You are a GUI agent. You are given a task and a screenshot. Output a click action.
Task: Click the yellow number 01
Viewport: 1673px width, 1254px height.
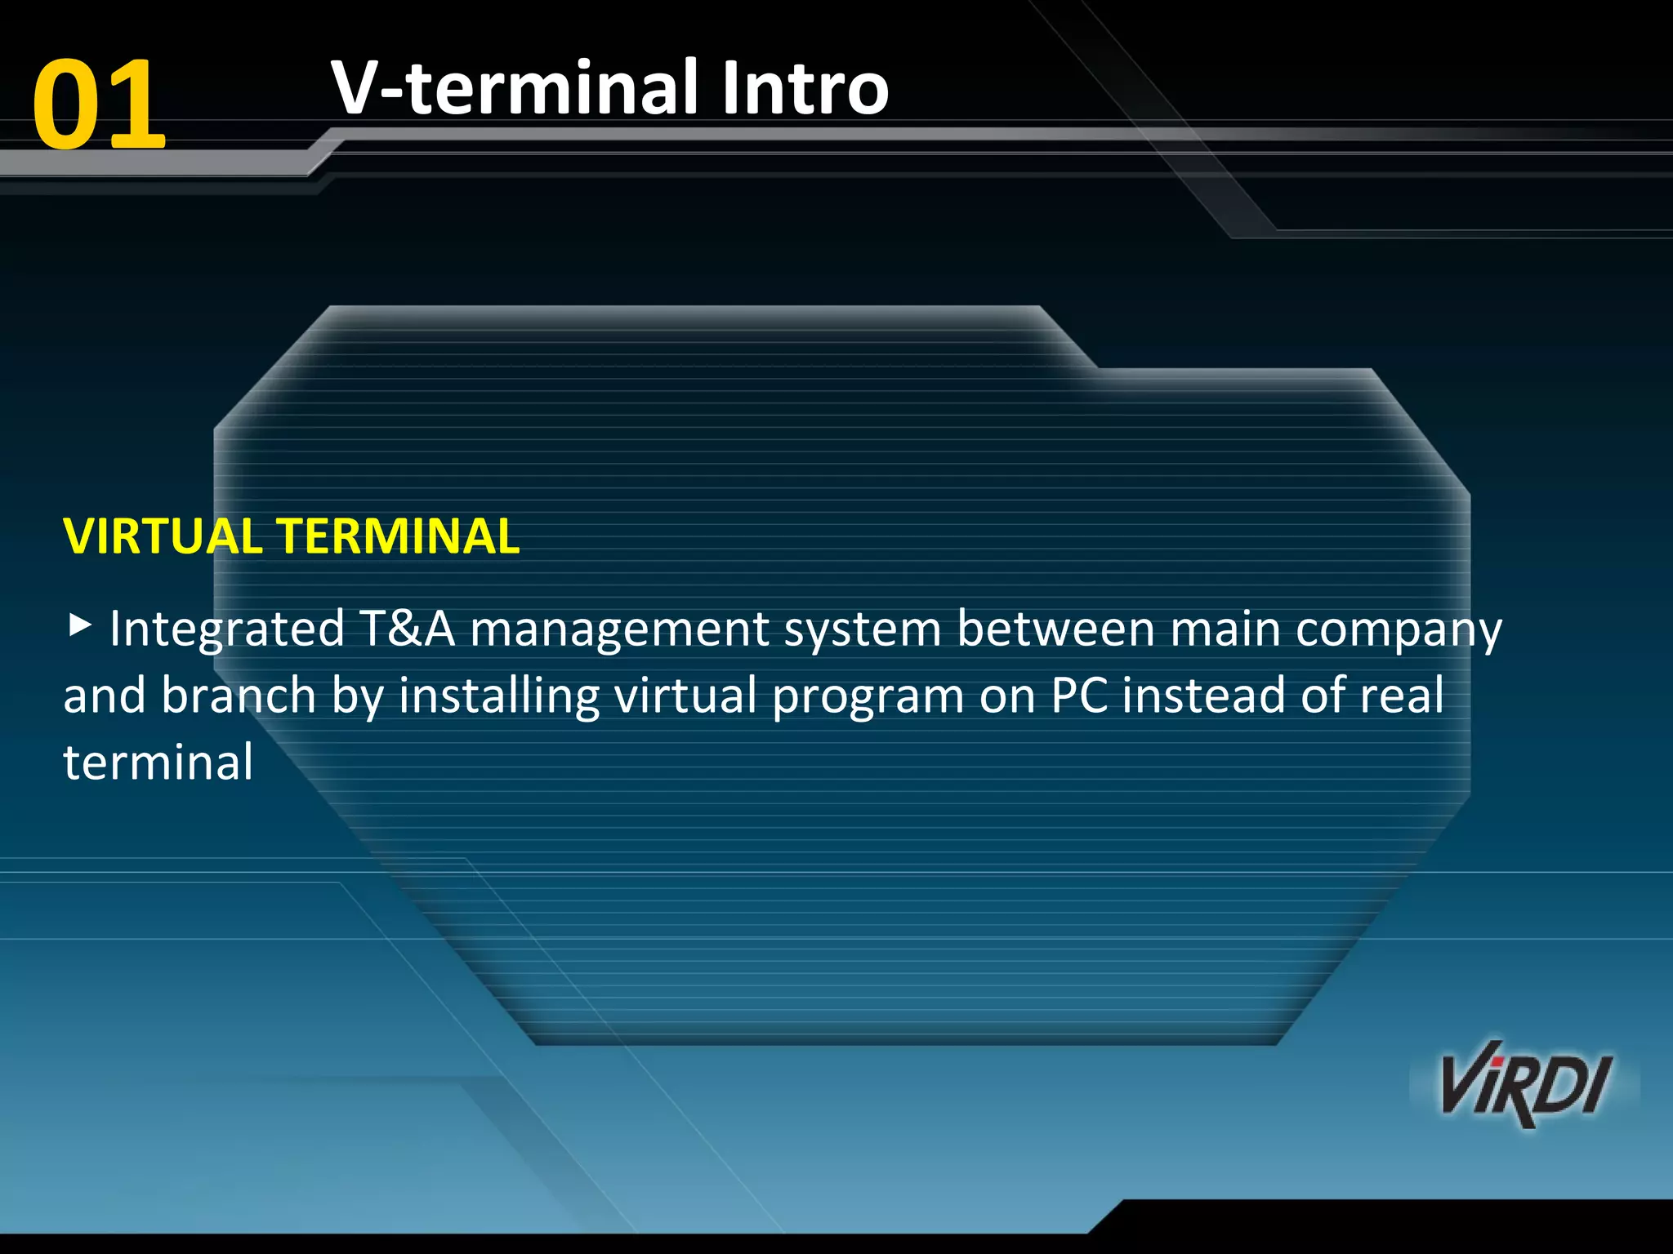coord(99,104)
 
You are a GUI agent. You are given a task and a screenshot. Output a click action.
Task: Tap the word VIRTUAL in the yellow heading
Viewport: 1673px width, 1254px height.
coord(163,536)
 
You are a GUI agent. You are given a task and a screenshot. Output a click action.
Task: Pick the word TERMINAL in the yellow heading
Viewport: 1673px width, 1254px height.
coord(399,536)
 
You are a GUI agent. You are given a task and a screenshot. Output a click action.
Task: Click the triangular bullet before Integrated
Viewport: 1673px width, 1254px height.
coord(78,626)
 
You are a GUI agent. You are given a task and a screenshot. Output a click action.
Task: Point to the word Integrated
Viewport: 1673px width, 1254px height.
coord(227,630)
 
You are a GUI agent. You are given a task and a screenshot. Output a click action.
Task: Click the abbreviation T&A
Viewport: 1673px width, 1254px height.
coord(407,629)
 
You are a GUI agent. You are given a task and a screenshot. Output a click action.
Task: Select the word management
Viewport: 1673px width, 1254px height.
coord(620,630)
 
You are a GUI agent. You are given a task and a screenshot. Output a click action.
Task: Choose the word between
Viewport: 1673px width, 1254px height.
coord(1055,629)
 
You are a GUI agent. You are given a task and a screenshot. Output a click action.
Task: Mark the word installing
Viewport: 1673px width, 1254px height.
coord(499,697)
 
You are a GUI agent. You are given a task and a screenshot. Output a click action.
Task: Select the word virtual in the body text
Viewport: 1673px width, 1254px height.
coord(685,696)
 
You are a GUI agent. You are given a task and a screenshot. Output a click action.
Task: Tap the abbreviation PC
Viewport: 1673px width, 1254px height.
coord(1079,696)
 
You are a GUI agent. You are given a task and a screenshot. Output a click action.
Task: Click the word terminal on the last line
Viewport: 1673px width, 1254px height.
coord(158,763)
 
